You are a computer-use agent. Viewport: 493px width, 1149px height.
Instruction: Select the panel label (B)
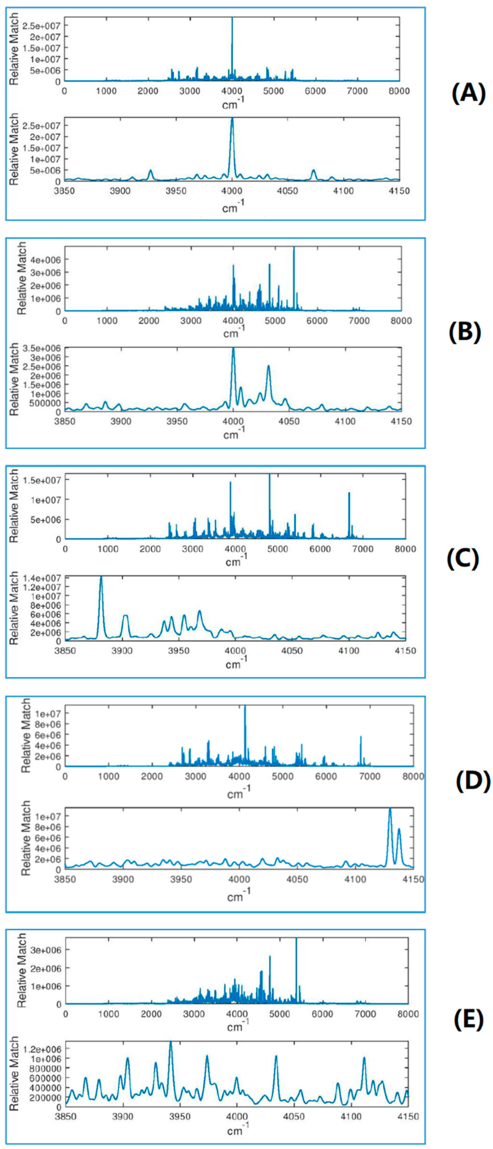(464, 331)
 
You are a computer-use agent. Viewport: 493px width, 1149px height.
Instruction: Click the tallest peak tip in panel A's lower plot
(232, 119)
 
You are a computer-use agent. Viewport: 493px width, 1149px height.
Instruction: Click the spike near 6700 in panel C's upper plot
(349, 493)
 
